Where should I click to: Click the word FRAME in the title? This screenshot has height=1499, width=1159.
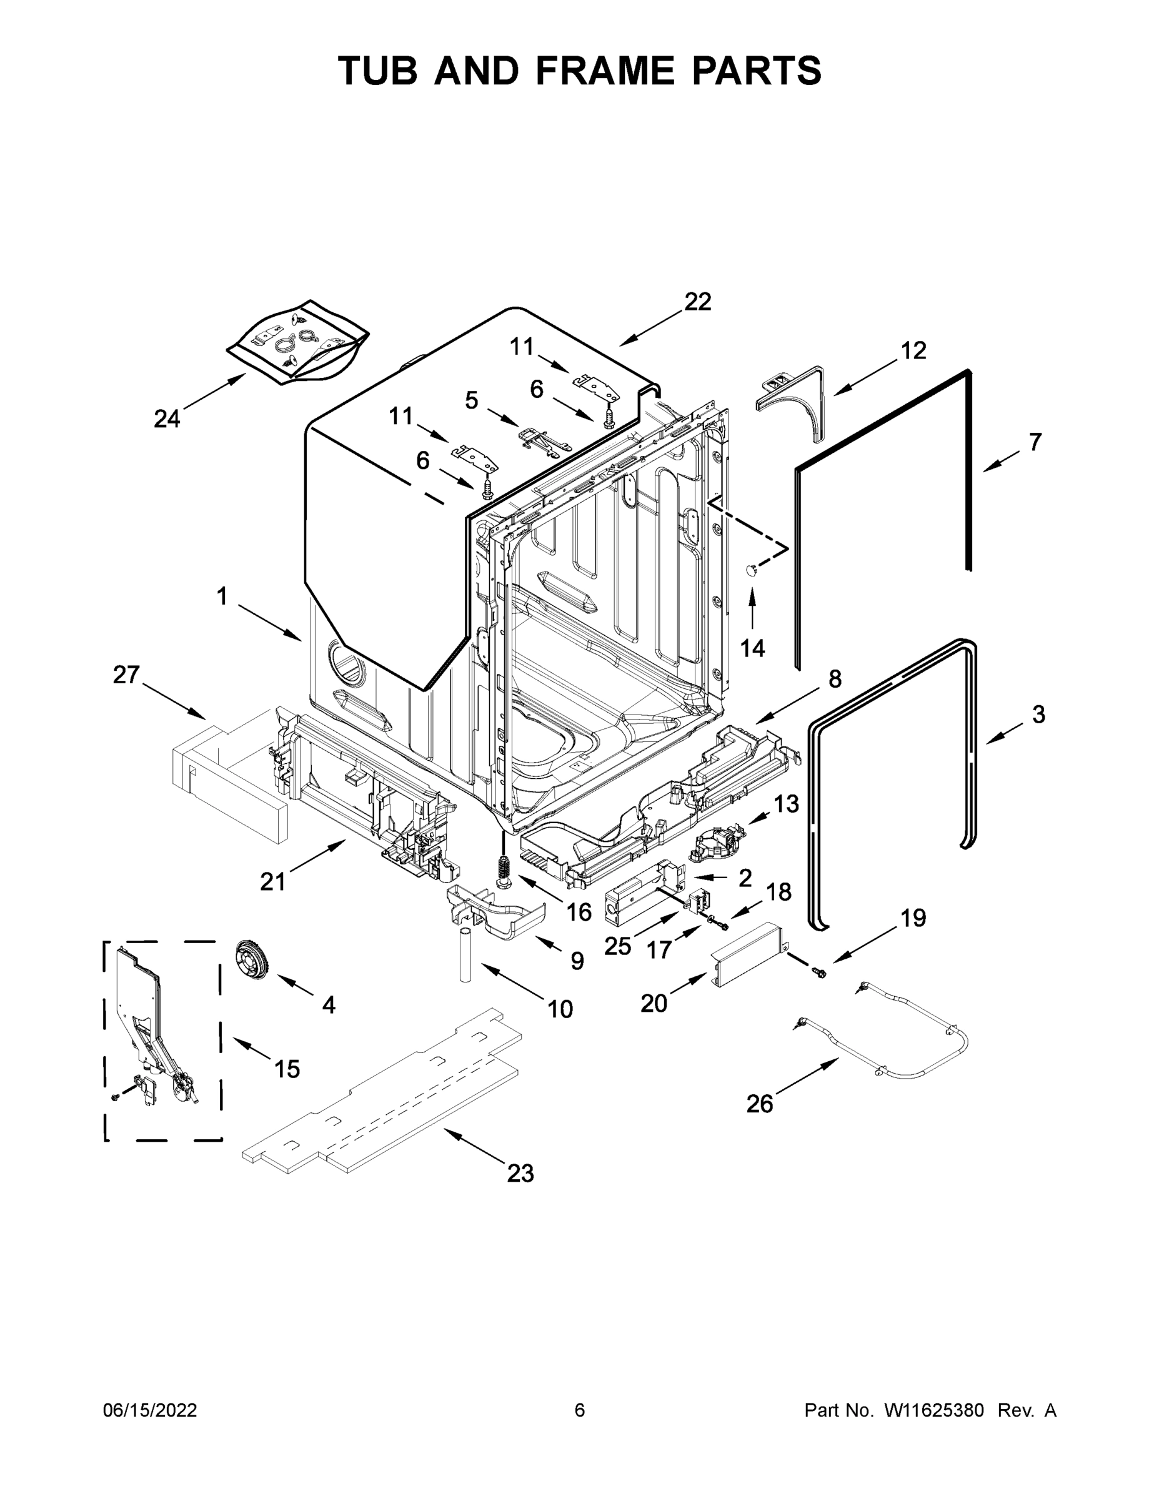click(x=605, y=71)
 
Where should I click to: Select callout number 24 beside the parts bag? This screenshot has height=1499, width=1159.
click(x=167, y=418)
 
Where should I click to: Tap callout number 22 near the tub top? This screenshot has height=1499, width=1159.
click(x=698, y=302)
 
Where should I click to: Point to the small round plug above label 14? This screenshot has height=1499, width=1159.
click(x=752, y=568)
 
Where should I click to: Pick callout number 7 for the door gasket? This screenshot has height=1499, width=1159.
click(x=1035, y=442)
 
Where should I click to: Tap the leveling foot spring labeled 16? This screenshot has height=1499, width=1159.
click(x=504, y=873)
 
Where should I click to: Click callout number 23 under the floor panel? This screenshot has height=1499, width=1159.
click(x=520, y=1173)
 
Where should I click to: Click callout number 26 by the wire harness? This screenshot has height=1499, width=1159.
click(x=759, y=1104)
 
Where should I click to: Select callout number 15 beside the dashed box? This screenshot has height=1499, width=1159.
click(x=287, y=1069)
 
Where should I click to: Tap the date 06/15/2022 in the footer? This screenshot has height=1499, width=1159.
click(x=150, y=1410)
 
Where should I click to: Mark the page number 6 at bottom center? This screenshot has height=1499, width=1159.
click(x=580, y=1410)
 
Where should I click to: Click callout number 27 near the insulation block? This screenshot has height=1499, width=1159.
click(x=126, y=675)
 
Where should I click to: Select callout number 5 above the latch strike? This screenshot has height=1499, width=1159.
click(x=471, y=400)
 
